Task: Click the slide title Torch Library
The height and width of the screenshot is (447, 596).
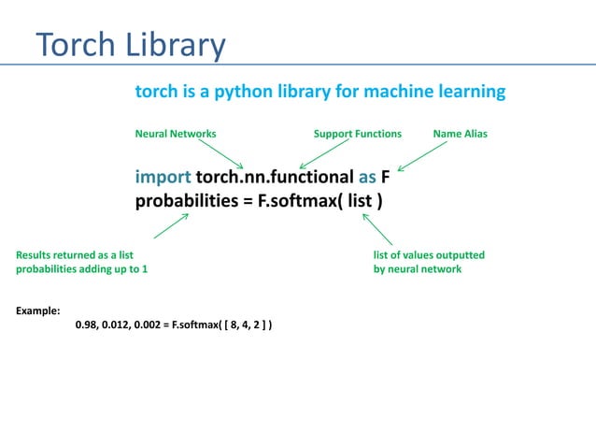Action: point(131,44)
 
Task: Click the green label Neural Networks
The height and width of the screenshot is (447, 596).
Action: point(176,134)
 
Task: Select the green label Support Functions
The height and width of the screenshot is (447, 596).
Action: point(357,134)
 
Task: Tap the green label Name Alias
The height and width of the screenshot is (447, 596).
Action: point(460,134)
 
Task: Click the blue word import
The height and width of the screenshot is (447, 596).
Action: point(163,178)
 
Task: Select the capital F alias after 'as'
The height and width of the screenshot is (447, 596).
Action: point(385,178)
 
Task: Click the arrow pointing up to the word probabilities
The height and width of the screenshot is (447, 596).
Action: point(170,225)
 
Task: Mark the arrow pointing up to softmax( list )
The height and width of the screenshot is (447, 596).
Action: point(376,228)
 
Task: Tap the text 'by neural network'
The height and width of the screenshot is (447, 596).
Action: point(417,269)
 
